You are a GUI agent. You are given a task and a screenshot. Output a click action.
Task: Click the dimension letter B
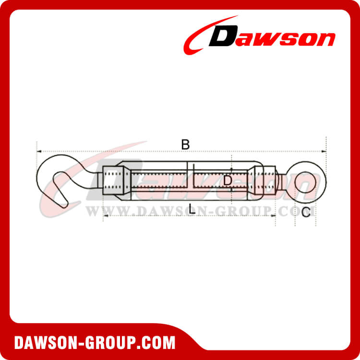(x=185, y=144)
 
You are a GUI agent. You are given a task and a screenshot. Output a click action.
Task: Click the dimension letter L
(x=192, y=209)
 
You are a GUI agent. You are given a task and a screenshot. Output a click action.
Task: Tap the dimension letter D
(x=228, y=180)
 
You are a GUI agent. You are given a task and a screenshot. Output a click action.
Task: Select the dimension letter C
(x=306, y=212)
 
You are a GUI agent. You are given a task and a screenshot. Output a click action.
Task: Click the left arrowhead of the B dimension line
(x=38, y=151)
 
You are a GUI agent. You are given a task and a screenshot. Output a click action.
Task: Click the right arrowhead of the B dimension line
(x=325, y=151)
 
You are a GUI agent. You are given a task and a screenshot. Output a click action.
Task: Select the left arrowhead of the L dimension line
(x=105, y=216)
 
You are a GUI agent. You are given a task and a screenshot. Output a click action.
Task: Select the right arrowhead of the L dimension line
(x=274, y=216)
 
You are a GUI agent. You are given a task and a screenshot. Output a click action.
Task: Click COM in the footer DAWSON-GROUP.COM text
(x=158, y=343)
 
